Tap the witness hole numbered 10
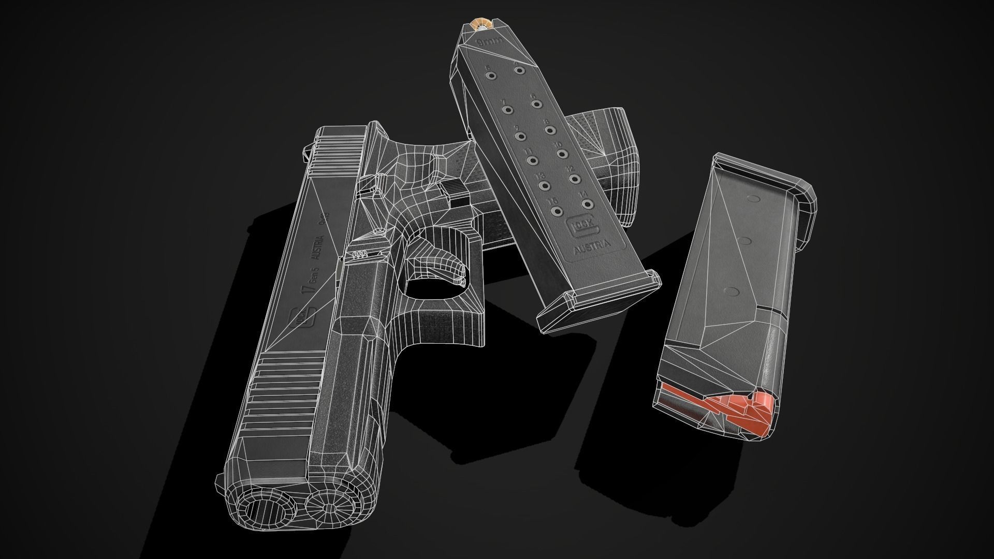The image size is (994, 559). pyautogui.click(x=562, y=153)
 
